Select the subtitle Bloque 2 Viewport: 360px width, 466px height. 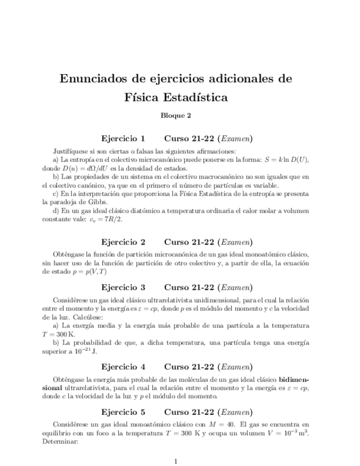[x=175, y=115]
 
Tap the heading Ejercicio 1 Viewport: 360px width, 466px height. [x=124, y=138]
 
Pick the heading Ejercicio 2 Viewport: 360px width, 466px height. [x=124, y=242]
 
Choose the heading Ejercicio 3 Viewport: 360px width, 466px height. [x=124, y=287]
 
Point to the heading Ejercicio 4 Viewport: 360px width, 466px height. [x=124, y=367]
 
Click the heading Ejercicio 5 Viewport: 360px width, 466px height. [x=124, y=411]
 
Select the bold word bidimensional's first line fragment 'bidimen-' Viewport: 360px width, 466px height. [x=294, y=380]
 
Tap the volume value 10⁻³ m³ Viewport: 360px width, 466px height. [x=295, y=432]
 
